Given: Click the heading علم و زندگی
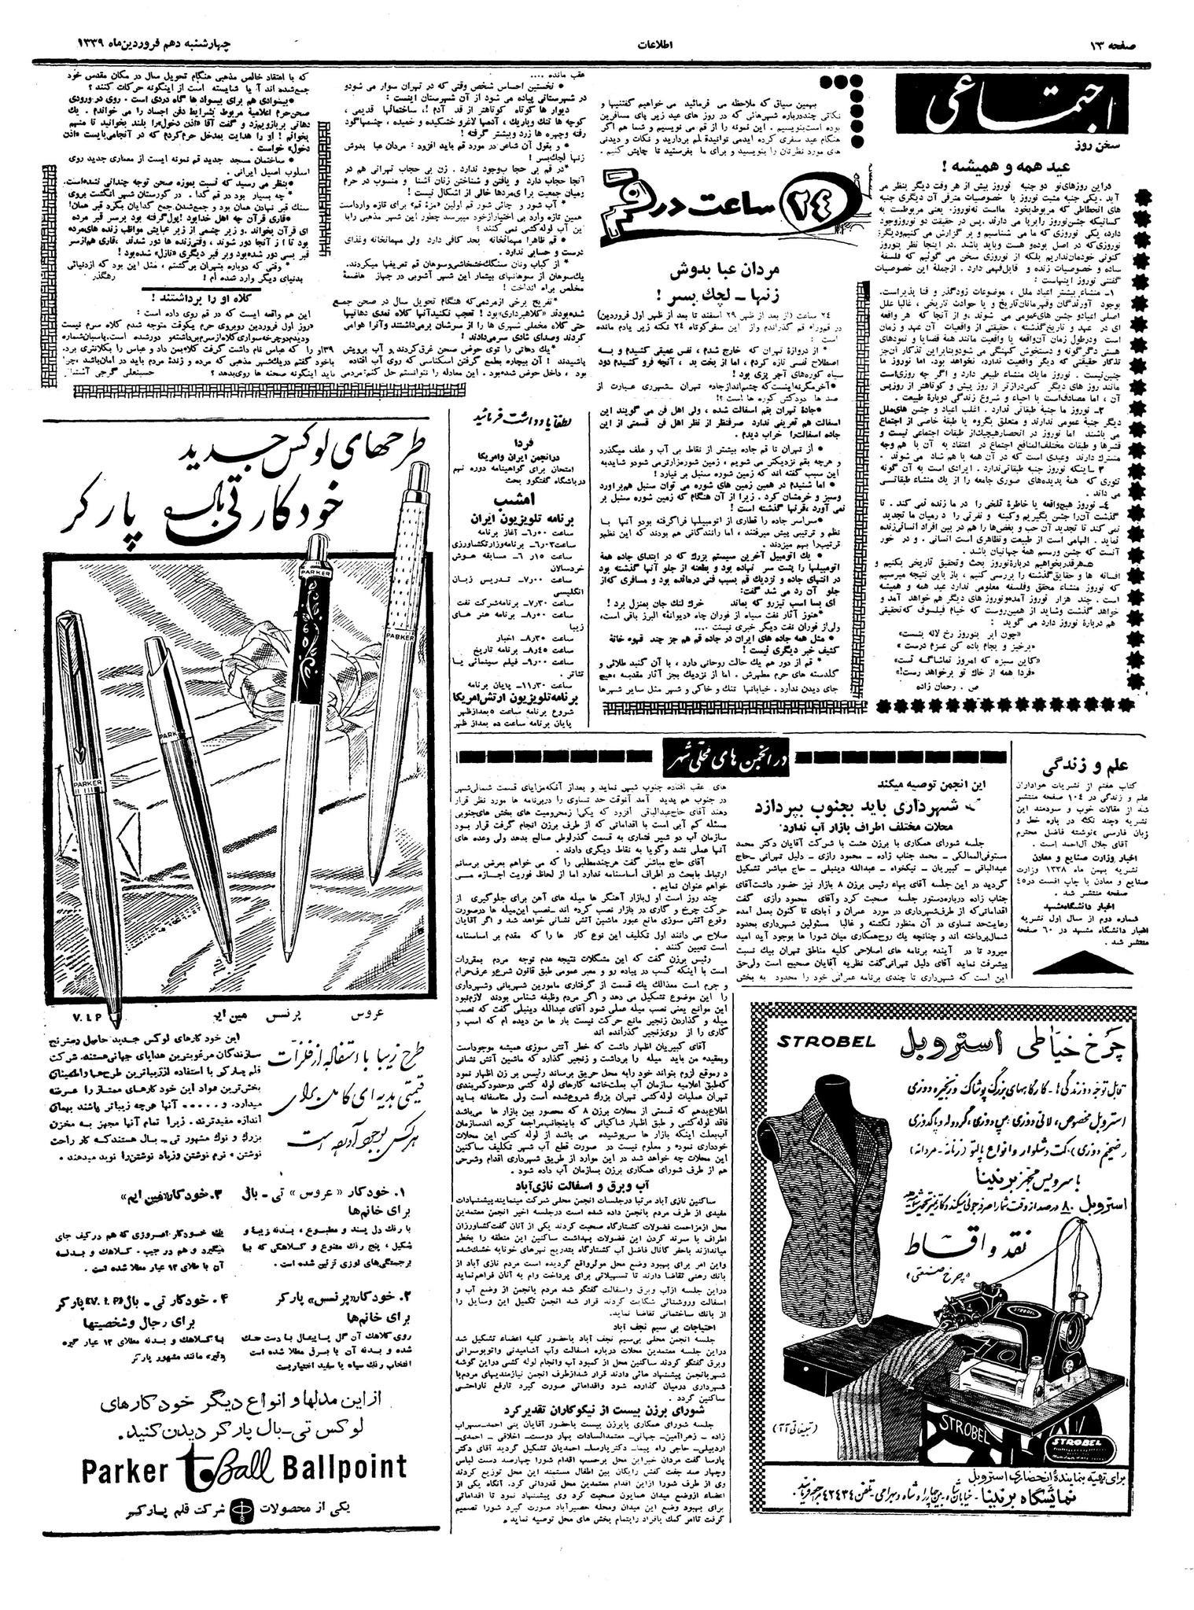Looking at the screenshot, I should click(1100, 764).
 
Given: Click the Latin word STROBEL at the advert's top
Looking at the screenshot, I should click(827, 1042).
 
